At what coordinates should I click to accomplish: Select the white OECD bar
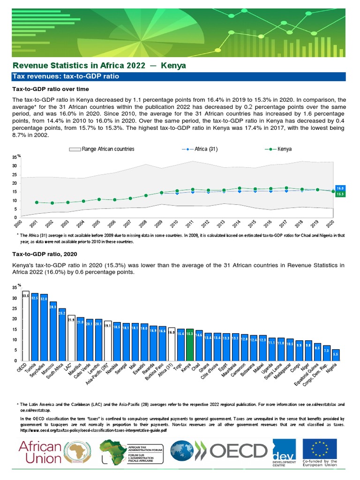coord(26,326)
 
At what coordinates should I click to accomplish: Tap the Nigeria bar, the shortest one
coord(336,355)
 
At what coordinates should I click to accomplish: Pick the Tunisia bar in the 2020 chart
coord(35,327)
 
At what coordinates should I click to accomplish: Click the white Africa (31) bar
coord(172,344)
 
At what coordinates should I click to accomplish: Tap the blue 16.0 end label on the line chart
coord(341,188)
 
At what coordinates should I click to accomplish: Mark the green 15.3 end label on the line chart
coord(341,194)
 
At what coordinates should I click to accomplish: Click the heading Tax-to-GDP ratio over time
coord(44,89)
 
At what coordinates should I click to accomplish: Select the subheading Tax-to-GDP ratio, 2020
coord(41,254)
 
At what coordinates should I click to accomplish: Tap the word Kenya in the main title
coord(173,65)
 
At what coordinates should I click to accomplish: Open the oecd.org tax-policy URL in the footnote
coord(94,430)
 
